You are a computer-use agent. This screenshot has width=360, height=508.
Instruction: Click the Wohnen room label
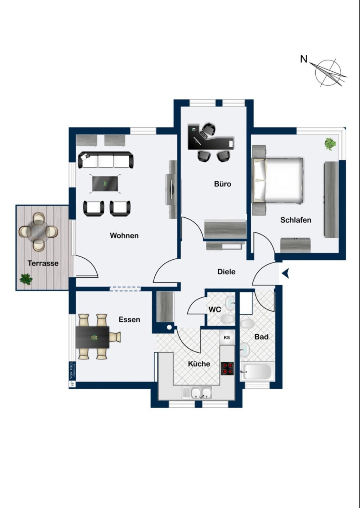[124, 236]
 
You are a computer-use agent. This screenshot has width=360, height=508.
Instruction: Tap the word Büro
[223, 184]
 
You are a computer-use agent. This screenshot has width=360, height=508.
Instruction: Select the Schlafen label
[296, 220]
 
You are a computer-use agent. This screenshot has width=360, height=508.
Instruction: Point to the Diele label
[226, 272]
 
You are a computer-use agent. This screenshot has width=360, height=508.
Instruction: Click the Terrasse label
[43, 263]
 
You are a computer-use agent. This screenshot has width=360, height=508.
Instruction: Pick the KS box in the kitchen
[227, 337]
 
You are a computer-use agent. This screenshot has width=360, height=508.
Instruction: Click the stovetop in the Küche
[227, 368]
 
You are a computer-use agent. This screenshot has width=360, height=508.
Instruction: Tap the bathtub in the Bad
[257, 371]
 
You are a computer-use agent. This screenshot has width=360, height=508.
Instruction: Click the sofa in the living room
[106, 160]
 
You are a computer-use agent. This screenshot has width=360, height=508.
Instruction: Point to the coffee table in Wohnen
[105, 184]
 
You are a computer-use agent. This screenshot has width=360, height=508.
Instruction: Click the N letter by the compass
[304, 59]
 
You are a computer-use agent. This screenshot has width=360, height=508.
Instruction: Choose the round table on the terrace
[38, 231]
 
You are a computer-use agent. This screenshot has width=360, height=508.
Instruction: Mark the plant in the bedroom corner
[330, 144]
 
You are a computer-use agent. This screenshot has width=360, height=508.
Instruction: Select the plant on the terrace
[26, 279]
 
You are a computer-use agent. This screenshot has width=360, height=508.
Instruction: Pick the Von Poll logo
[72, 374]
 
